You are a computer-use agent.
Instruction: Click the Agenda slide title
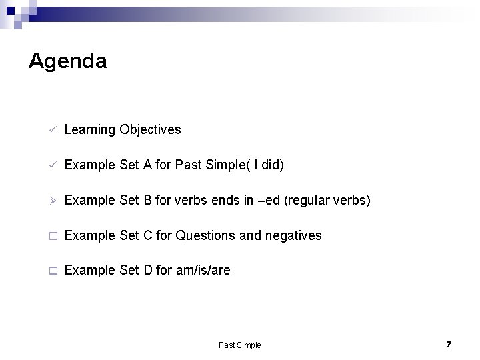tap(67, 61)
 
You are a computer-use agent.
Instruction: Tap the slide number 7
tap(449, 344)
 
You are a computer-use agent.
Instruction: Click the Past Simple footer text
tap(240, 345)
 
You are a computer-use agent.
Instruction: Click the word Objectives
tap(150, 129)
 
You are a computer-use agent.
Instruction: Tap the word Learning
tap(90, 129)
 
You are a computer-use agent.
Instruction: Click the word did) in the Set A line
tap(273, 165)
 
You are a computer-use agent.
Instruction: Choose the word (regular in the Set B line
tap(306, 200)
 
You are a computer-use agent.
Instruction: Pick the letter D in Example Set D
tap(149, 271)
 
